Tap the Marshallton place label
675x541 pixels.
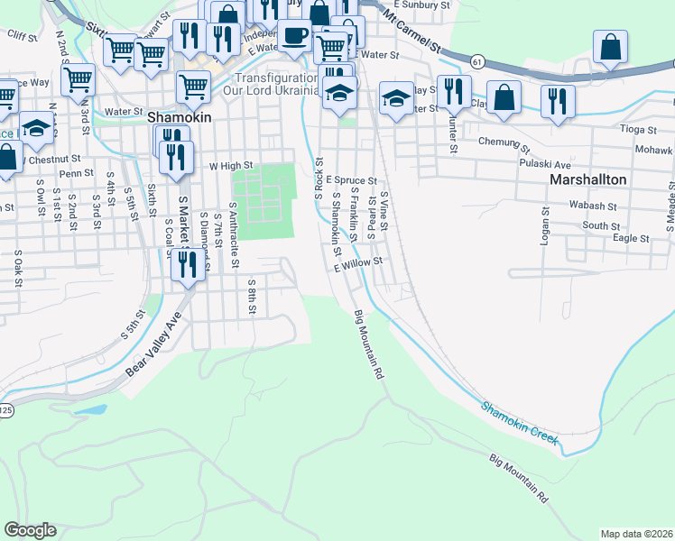click(587, 179)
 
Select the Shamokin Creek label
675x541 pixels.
click(521, 425)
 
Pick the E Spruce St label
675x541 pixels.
click(351, 180)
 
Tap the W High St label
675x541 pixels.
click(229, 166)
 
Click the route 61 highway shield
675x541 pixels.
click(477, 60)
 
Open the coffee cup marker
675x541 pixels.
click(294, 37)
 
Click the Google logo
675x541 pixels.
click(30, 530)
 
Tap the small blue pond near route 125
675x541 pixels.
click(89, 408)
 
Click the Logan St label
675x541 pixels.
click(546, 224)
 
